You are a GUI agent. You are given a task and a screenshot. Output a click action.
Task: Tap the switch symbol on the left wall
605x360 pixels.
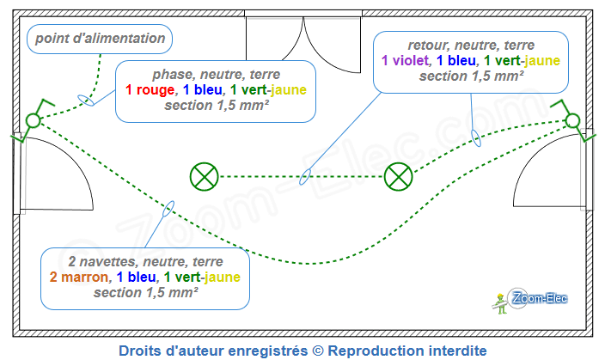pos(33,121)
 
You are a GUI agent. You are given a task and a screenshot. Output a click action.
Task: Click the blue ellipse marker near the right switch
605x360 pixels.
pos(474,137)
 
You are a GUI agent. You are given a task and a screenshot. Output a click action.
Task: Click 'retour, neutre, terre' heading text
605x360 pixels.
pos(471,45)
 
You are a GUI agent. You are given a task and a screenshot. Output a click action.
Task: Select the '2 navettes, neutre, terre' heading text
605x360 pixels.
pos(145,261)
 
